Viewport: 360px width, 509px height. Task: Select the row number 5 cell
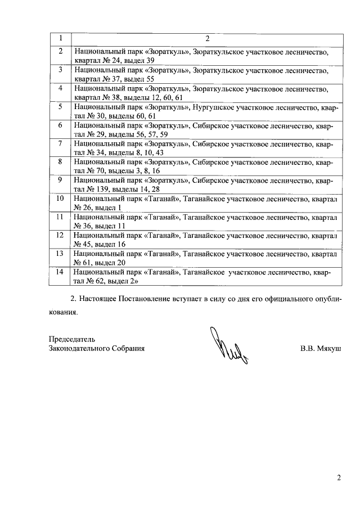point(60,106)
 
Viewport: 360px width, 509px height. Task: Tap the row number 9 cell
point(60,180)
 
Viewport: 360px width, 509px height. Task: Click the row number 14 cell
point(60,272)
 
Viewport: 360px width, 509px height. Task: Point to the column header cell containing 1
point(60,38)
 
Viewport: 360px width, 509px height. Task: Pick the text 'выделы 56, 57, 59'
point(138,134)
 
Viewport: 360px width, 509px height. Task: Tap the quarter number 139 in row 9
point(107,190)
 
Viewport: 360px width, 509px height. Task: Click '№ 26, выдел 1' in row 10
point(98,208)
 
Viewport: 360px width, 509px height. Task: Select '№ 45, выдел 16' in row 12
point(100,245)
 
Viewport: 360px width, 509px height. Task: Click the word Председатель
point(72,339)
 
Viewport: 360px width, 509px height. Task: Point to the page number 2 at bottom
point(339,479)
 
